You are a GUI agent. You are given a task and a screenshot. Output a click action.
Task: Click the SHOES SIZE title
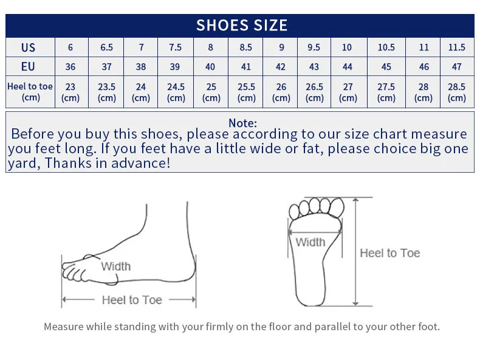(242, 25)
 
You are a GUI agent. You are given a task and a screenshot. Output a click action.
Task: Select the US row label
(28, 47)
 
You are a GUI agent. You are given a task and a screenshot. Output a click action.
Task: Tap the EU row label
(28, 66)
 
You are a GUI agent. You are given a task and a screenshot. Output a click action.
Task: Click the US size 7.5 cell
(176, 47)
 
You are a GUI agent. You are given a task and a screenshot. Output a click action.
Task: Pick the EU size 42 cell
(281, 66)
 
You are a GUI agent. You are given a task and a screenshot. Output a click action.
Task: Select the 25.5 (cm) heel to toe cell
(246, 92)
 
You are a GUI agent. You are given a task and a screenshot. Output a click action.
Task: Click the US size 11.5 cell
(457, 47)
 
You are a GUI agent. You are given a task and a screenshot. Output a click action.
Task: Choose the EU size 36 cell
(70, 66)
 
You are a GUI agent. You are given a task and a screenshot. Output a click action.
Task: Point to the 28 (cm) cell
(423, 92)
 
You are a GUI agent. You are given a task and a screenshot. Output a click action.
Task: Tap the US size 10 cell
(347, 47)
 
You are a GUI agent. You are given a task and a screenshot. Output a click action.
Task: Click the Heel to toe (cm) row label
(30, 92)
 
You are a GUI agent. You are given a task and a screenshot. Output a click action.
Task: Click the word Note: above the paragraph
(243, 123)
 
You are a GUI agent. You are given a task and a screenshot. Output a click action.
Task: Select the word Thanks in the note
(68, 163)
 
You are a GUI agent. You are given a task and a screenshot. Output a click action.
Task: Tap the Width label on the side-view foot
(115, 266)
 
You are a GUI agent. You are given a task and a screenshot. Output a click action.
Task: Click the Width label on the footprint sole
(310, 242)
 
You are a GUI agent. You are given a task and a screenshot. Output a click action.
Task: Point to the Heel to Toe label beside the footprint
(389, 253)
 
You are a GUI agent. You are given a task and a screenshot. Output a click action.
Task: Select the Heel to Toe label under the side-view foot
(132, 300)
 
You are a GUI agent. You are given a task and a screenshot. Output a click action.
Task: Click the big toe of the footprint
(337, 207)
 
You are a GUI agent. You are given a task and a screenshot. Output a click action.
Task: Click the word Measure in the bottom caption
(64, 327)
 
